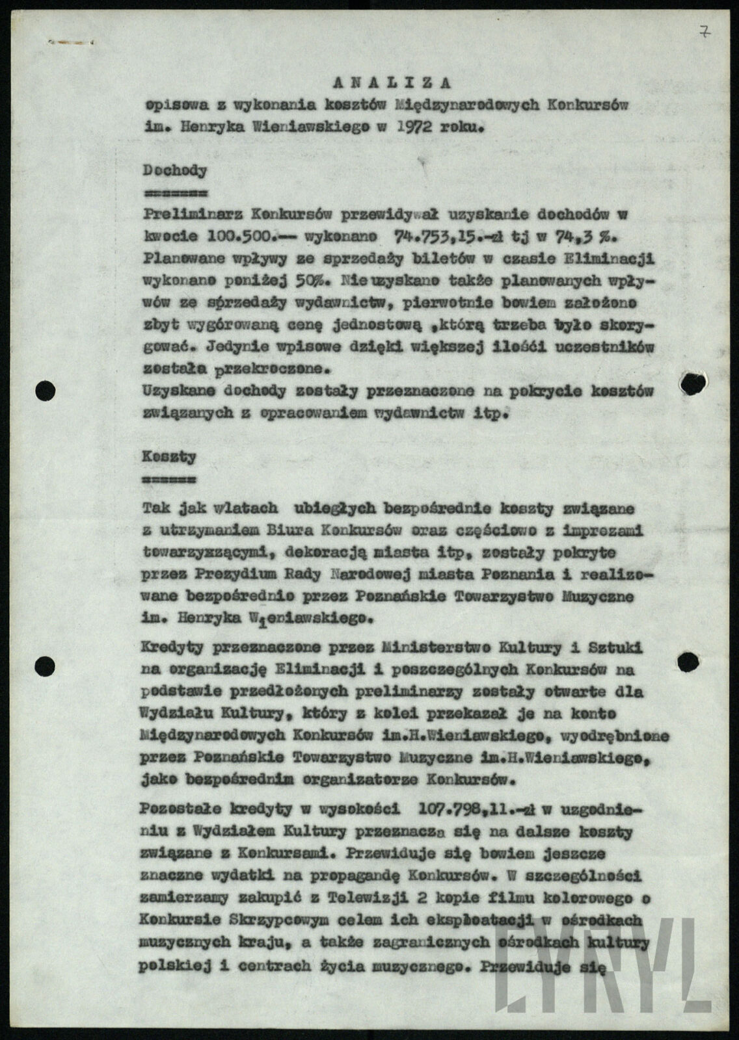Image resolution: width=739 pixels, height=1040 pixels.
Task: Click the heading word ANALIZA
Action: coord(392,83)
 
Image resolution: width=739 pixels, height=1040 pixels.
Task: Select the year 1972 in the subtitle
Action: coord(414,127)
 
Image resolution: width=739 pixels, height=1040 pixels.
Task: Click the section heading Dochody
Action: coord(175,172)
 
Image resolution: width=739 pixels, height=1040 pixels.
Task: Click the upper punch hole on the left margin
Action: coord(45,390)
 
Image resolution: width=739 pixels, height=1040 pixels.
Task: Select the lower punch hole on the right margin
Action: coord(688,661)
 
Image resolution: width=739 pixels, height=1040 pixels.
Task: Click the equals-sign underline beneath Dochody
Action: coord(174,194)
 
